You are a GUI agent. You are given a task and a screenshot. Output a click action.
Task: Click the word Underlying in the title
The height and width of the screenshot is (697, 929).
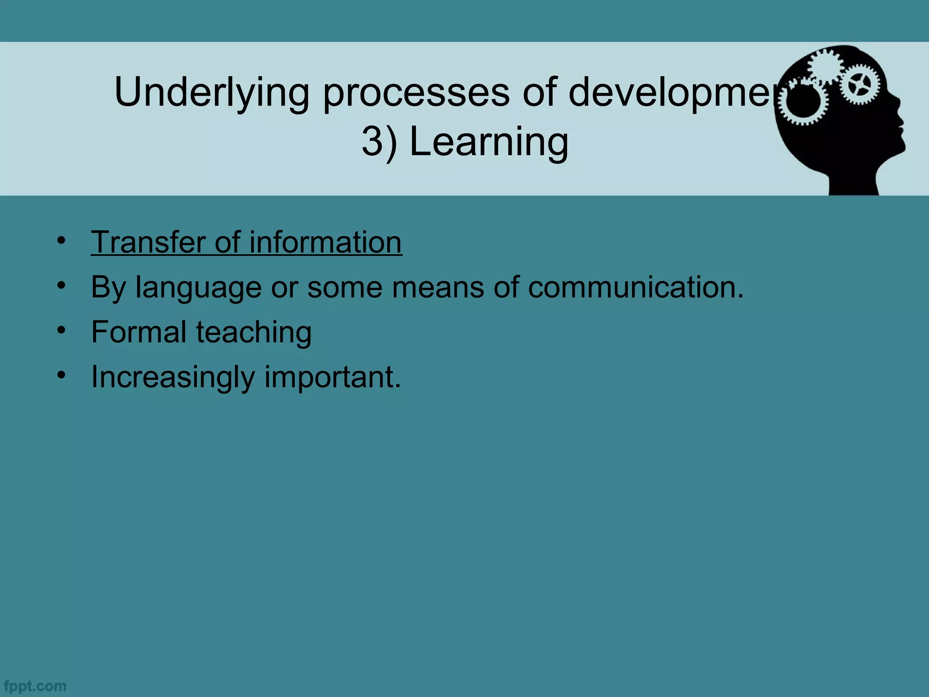coord(211,93)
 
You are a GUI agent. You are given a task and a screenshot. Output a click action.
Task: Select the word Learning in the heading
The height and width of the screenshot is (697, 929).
coord(489,142)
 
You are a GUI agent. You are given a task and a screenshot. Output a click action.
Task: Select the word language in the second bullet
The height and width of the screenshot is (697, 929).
coord(198,288)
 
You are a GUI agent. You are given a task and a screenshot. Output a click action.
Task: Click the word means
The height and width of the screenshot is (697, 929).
coord(438,288)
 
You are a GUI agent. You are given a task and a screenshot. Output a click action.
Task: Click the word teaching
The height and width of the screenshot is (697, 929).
coord(254,333)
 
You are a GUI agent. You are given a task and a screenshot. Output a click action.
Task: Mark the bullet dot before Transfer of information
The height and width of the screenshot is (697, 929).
coord(62,240)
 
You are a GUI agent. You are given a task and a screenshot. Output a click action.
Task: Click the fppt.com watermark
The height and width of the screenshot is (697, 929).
coord(34,686)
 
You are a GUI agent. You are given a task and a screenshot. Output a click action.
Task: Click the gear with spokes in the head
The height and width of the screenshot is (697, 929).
coord(859,84)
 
